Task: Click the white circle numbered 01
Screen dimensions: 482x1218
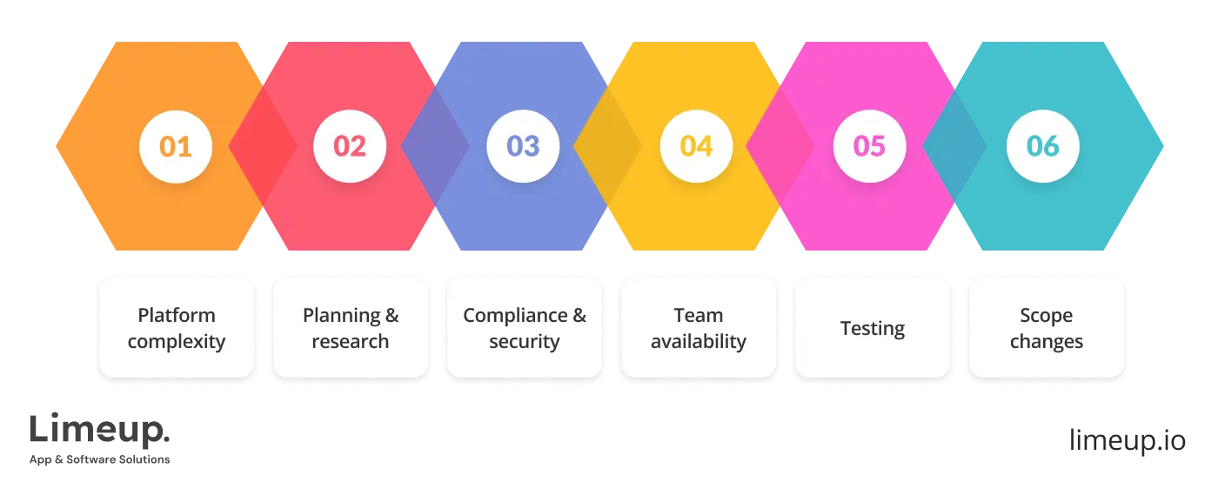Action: click(x=176, y=145)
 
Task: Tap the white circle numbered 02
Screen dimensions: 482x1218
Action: click(x=350, y=145)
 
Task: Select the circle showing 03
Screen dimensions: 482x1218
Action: click(x=523, y=145)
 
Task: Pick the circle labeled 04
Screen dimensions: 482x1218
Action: click(x=696, y=145)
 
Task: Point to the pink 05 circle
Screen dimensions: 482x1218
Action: click(x=869, y=145)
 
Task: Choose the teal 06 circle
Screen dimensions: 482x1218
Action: click(x=1042, y=145)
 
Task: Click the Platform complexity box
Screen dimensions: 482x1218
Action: click(x=177, y=327)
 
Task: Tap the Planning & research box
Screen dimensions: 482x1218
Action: click(x=351, y=327)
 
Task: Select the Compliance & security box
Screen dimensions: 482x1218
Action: click(x=525, y=327)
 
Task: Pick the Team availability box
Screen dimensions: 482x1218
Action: click(x=699, y=327)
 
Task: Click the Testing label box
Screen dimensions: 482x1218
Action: click(x=873, y=328)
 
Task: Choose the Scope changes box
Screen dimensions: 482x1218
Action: click(x=1047, y=327)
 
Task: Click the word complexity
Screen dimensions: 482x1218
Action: click(x=177, y=341)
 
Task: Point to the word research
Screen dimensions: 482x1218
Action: click(x=351, y=341)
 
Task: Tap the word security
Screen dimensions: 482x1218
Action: click(x=524, y=341)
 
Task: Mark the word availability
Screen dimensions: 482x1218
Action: click(x=699, y=341)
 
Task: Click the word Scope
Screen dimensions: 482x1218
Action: click(x=1047, y=315)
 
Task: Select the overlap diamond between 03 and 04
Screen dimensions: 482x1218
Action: click(x=607, y=145)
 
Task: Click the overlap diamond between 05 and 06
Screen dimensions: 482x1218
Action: click(x=954, y=145)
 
